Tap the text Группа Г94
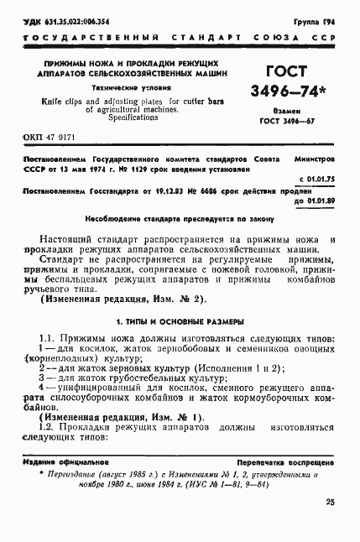(x=318, y=18)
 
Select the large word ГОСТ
(x=289, y=71)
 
